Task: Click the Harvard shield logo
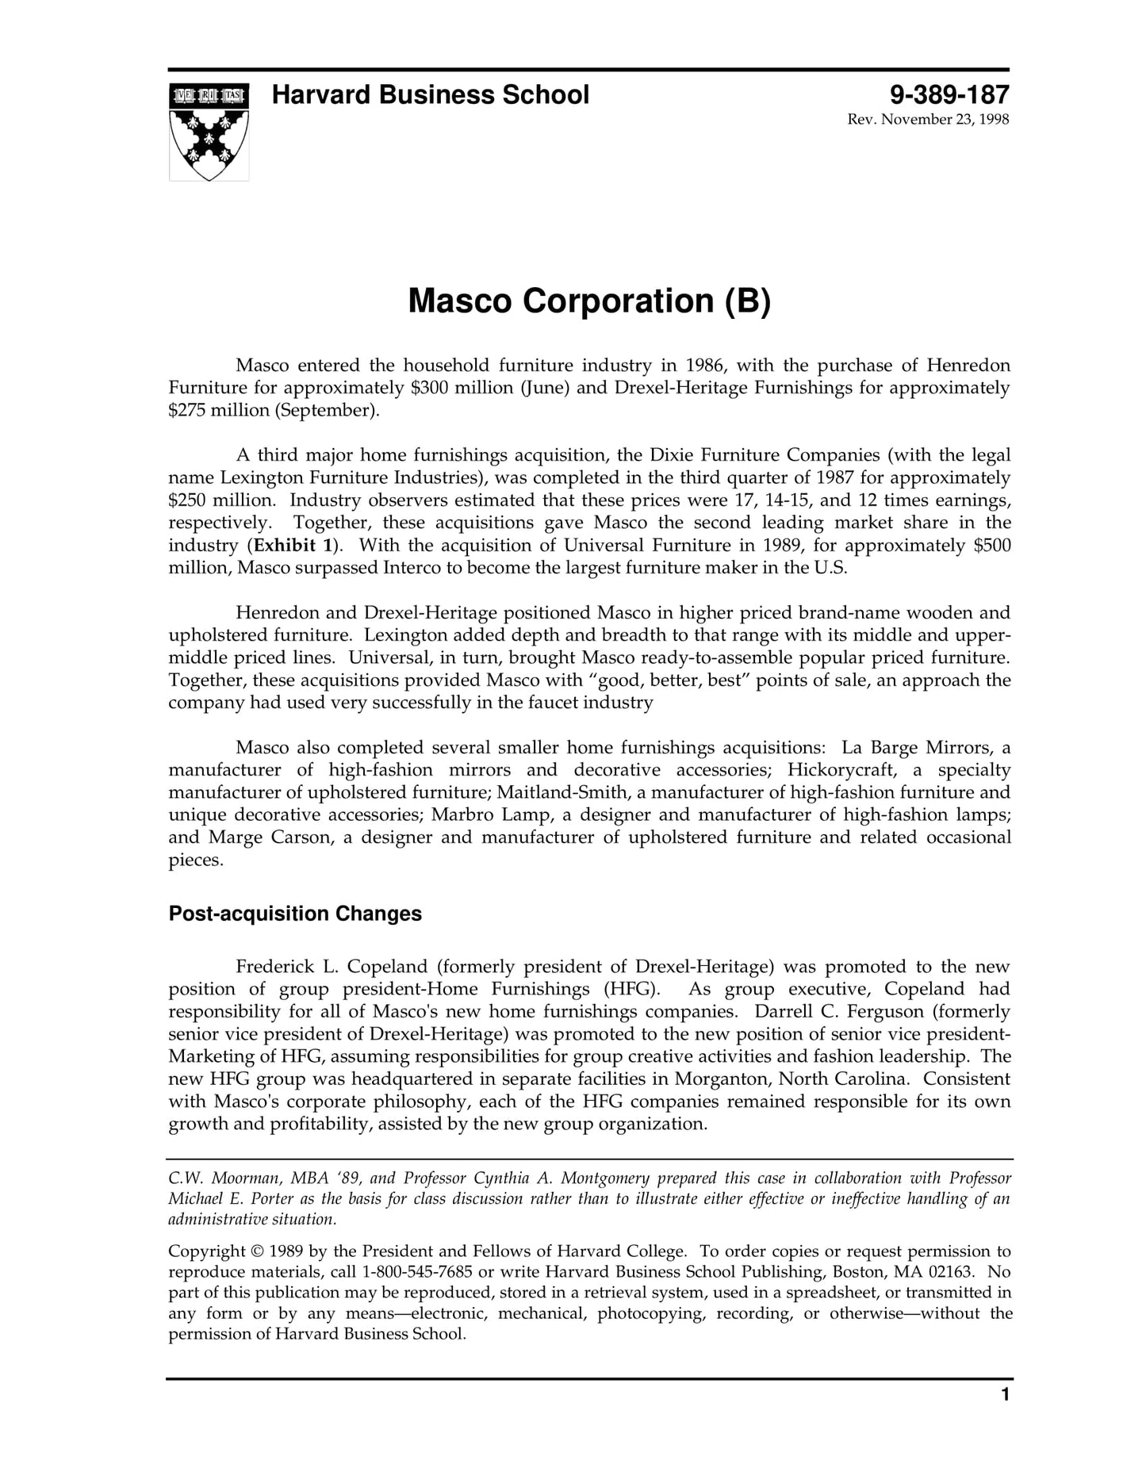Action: pyautogui.click(x=209, y=132)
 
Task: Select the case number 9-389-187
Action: pyautogui.click(x=949, y=95)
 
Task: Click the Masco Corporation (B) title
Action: pyautogui.click(x=588, y=301)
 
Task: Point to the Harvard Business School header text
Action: pyautogui.click(x=431, y=95)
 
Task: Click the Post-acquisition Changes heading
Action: pyautogui.click(x=295, y=914)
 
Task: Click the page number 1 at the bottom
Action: pyautogui.click(x=1005, y=1417)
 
